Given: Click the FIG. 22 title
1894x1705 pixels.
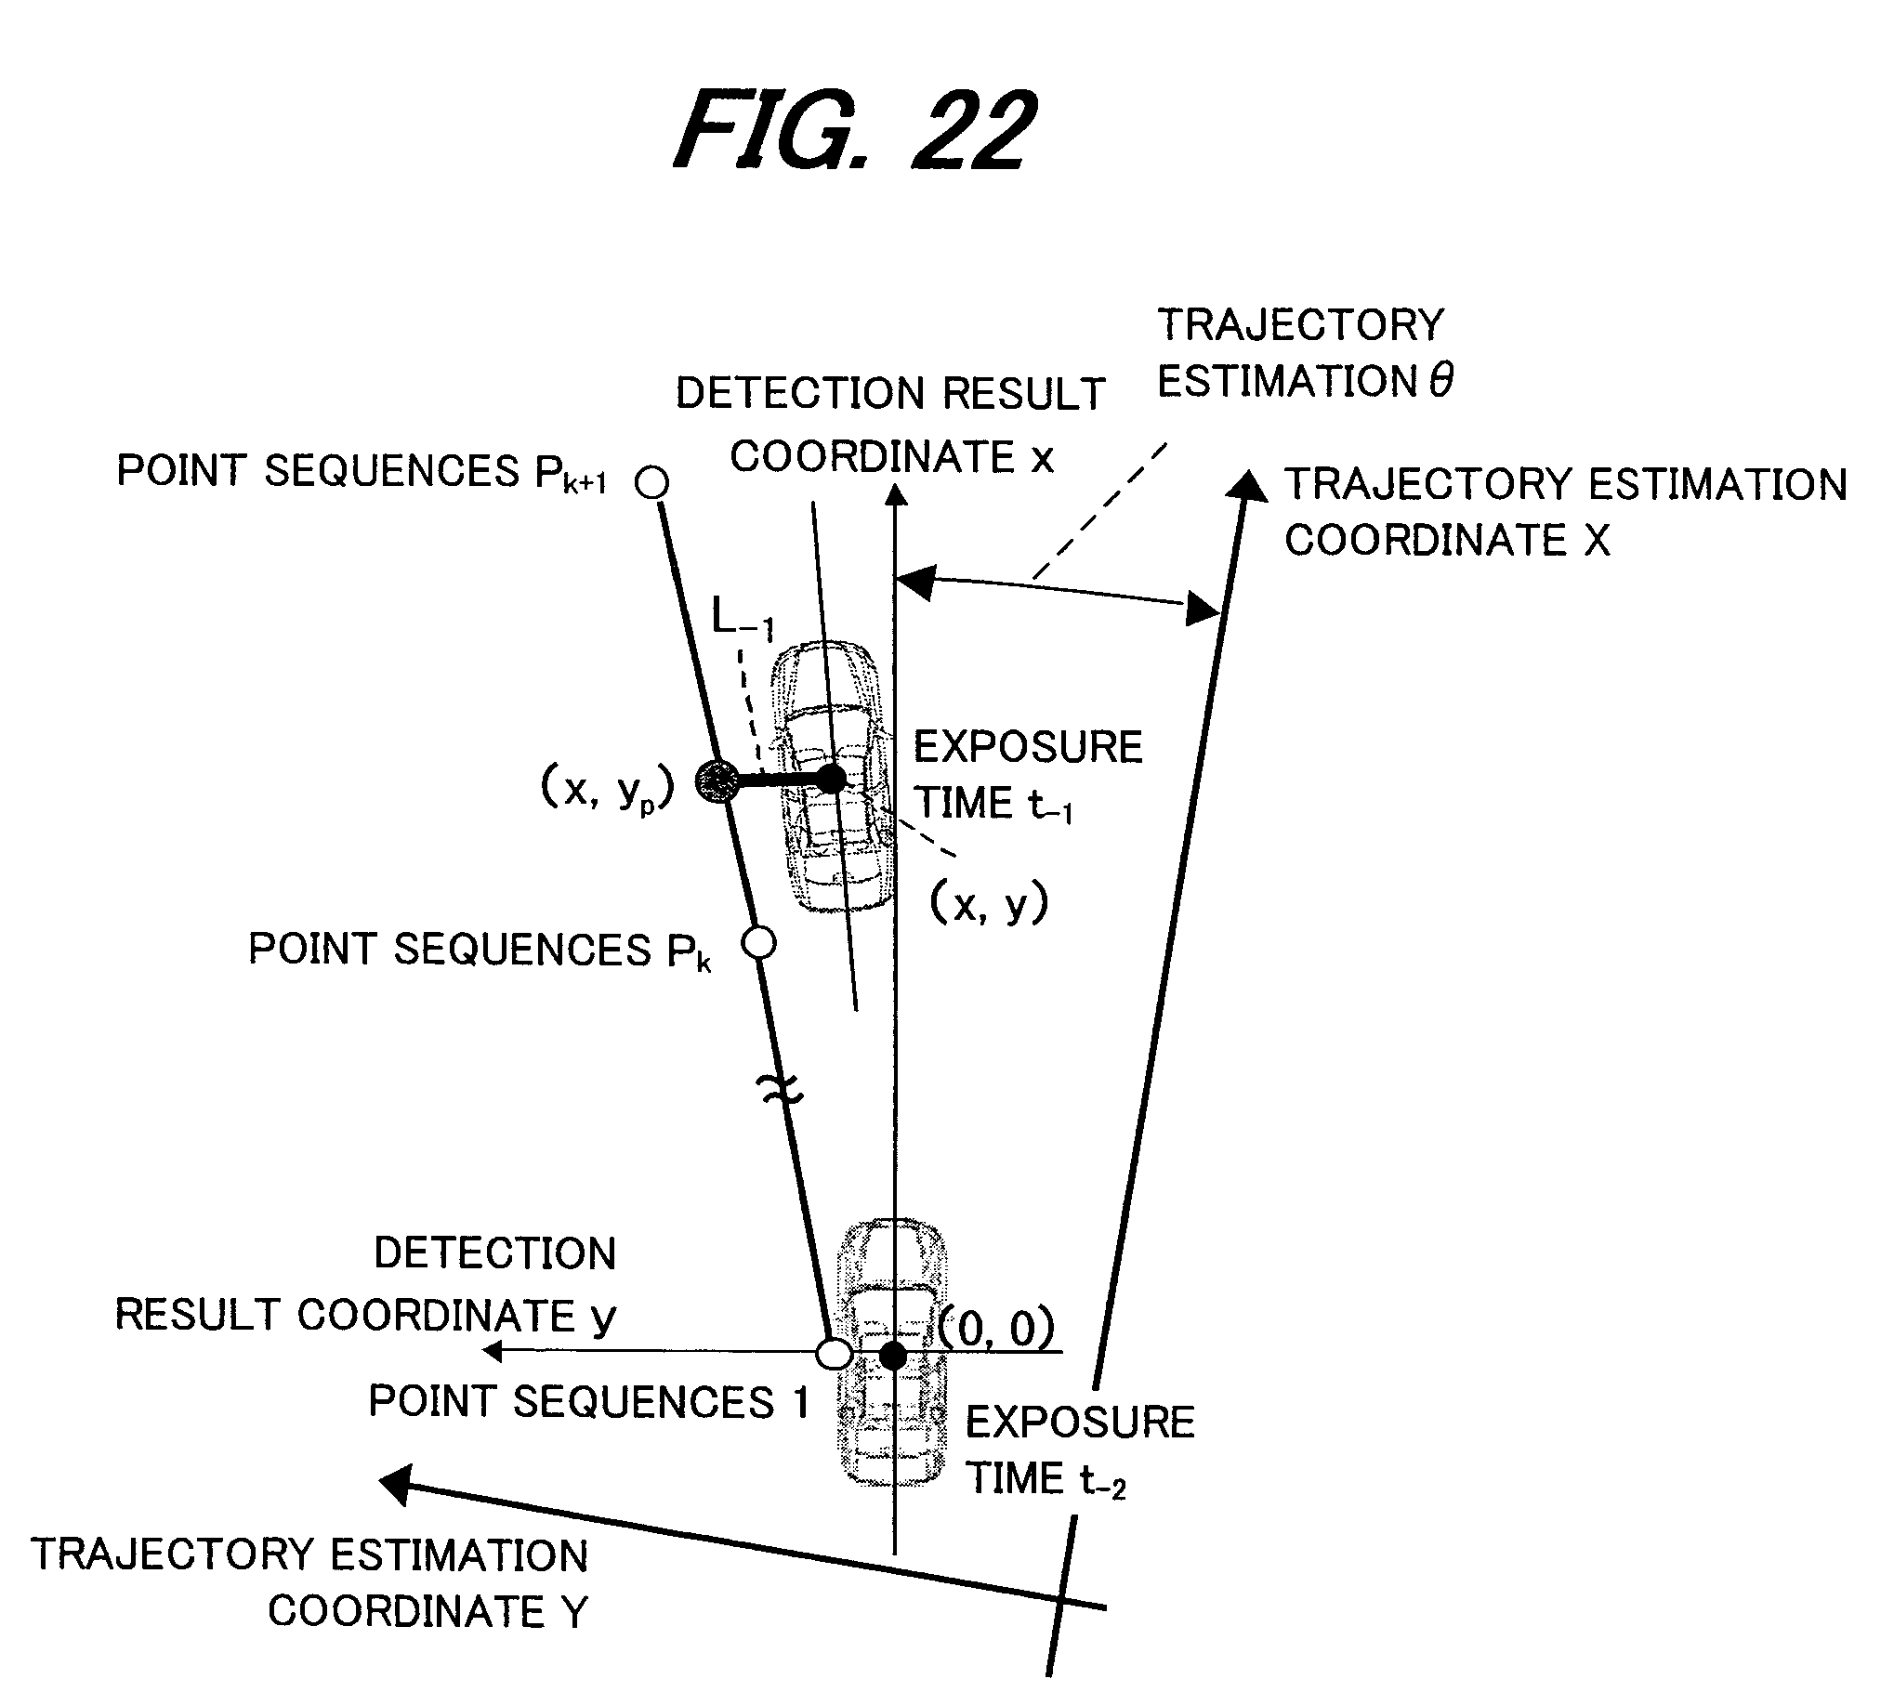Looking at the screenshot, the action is [x=855, y=130].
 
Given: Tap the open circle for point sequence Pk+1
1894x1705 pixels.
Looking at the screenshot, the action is [x=652, y=483].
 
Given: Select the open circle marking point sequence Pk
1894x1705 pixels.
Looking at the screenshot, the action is [x=759, y=943].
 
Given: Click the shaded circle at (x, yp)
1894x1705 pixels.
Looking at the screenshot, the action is [x=717, y=780].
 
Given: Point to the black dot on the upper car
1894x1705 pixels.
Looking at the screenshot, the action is [x=832, y=779].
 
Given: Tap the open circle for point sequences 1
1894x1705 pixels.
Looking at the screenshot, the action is [x=834, y=1354].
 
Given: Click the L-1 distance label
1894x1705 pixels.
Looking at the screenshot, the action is [x=743, y=618].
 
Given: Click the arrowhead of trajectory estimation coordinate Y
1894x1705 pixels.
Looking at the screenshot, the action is [x=396, y=1484].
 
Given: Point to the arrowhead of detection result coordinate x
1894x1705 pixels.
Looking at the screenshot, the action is [x=897, y=493].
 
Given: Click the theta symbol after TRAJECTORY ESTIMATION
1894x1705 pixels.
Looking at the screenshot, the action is [x=1441, y=380].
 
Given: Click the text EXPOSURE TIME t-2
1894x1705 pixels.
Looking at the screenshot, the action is [x=1080, y=1451].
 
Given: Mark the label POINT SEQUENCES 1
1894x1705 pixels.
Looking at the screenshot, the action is [x=588, y=1402].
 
